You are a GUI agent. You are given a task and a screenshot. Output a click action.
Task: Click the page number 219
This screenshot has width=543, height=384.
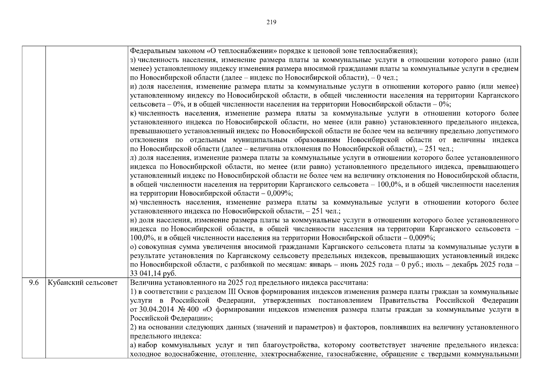coord(271,22)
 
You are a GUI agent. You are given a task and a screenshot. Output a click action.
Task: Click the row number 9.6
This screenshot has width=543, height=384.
coord(34,283)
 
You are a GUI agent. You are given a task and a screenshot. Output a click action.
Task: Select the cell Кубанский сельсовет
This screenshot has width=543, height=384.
coord(83,283)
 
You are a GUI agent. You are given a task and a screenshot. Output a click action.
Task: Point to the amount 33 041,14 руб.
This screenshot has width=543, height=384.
coord(153,274)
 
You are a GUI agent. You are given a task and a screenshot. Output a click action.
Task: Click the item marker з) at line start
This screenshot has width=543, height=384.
coord(133,60)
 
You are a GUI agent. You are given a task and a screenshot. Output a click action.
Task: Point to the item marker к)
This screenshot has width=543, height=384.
coord(133,113)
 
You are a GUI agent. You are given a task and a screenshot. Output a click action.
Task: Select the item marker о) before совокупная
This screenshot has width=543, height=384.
coord(133,247)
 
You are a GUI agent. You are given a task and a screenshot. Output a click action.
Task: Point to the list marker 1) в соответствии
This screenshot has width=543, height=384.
coord(133,292)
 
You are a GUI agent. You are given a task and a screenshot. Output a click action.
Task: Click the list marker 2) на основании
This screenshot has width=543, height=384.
coord(133,327)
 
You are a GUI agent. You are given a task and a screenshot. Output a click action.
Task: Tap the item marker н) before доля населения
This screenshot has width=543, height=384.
coord(133,220)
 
